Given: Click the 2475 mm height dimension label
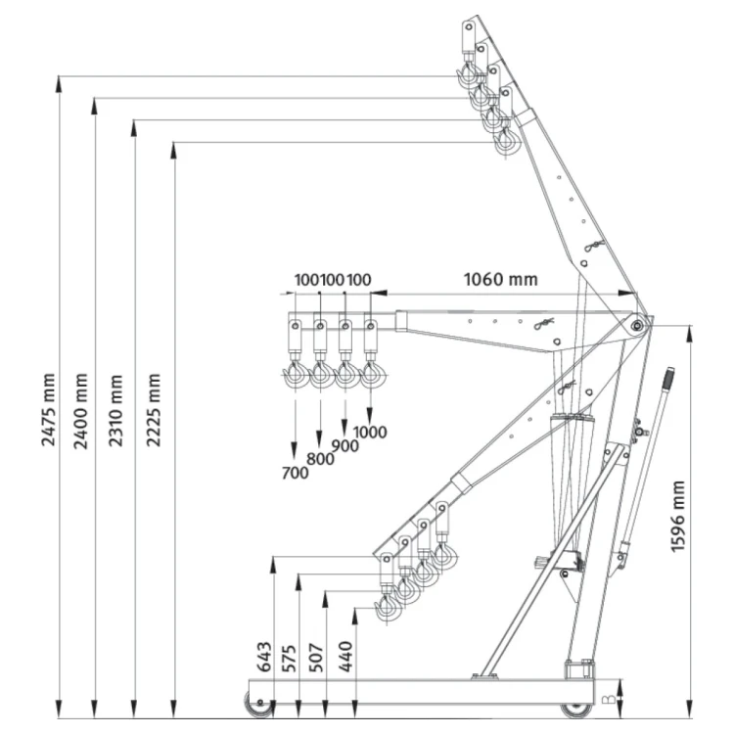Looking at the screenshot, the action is click(48, 410).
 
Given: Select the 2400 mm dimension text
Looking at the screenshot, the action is click(80, 411).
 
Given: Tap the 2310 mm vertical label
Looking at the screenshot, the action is click(115, 410).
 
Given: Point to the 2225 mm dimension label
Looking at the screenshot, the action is click(153, 410).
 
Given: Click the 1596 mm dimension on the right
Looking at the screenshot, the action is click(677, 517).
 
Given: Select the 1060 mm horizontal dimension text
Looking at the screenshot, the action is click(500, 280).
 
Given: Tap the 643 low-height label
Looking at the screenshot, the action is click(264, 657).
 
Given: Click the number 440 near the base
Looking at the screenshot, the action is click(345, 657).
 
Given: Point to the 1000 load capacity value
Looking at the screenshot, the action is click(370, 432).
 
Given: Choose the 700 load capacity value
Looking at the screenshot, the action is click(295, 473).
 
